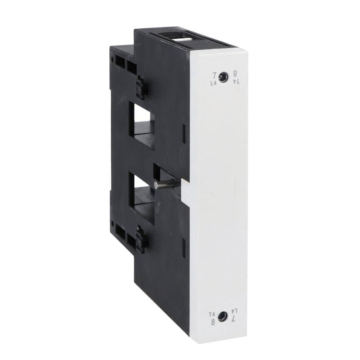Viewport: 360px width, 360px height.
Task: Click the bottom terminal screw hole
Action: [221, 317]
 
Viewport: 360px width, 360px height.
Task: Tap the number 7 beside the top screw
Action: [214, 75]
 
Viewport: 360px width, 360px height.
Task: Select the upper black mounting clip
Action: [141, 87]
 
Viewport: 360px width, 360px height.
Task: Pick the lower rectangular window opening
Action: [141, 198]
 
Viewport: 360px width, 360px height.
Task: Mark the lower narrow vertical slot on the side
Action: [184, 247]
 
